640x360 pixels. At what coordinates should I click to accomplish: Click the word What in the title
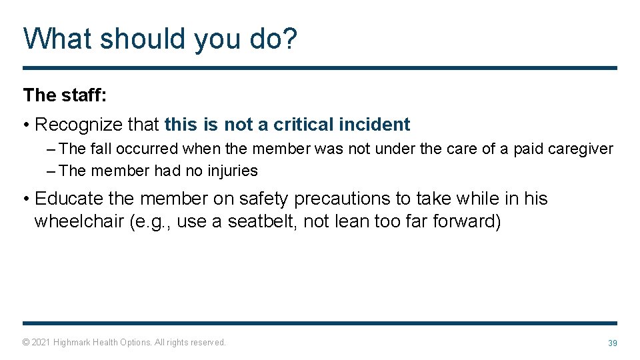click(x=57, y=39)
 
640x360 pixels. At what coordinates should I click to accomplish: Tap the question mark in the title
click(x=289, y=39)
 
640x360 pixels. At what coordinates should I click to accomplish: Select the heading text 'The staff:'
click(x=65, y=95)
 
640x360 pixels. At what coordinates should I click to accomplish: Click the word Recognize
click(x=97, y=125)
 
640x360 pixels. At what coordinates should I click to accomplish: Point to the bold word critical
click(x=303, y=125)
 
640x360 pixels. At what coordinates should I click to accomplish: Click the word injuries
click(x=231, y=171)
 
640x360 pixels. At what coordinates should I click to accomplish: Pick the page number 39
click(x=612, y=343)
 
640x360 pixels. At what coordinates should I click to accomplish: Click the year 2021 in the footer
click(x=41, y=342)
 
